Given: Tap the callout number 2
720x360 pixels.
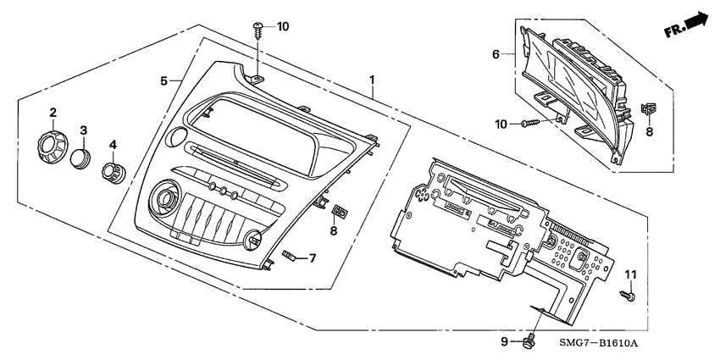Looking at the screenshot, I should (x=53, y=113).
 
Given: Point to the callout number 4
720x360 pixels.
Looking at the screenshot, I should (x=112, y=144).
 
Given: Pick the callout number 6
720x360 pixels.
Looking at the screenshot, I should (x=496, y=54).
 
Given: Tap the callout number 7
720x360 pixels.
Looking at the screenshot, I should (x=311, y=258).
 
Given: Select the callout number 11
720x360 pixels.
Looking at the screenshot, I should (x=630, y=274).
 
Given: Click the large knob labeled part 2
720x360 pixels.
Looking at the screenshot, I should (x=53, y=145).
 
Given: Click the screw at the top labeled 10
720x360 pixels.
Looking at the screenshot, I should (x=257, y=30).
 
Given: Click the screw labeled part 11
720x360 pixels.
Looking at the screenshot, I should (x=629, y=296).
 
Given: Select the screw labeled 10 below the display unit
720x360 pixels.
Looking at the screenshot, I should (x=532, y=124).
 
